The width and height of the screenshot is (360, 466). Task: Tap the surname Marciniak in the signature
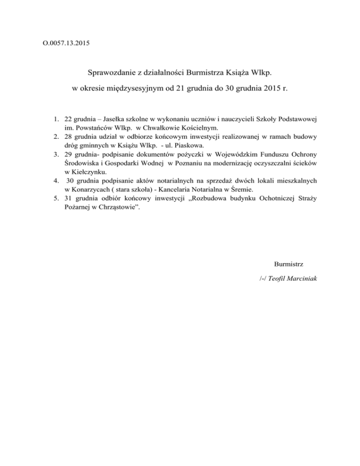click(301, 278)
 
